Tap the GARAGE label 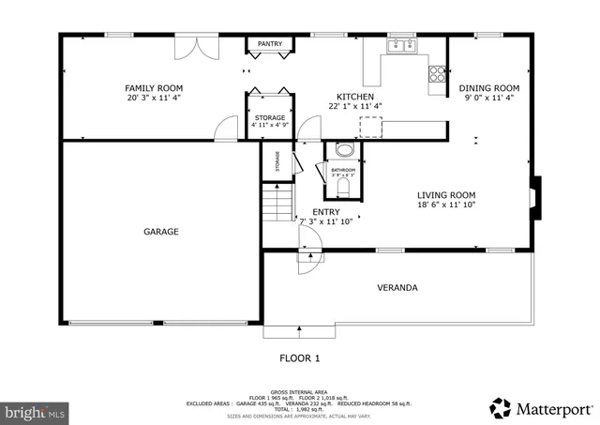coord(160,231)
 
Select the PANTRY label coord(270,44)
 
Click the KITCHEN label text coord(356,97)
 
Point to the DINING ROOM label coord(488,88)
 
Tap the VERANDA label coord(397,287)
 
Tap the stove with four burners coord(437,72)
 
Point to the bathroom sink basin coord(344,151)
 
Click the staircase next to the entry coord(277,203)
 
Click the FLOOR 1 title coord(300,357)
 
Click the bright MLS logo coord(37,411)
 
